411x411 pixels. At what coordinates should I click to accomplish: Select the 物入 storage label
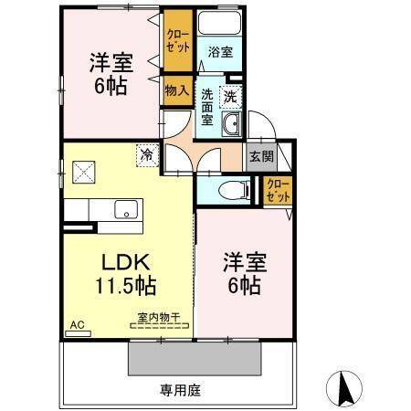coord(176,90)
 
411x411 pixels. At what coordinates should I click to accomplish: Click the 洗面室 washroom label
coord(207,107)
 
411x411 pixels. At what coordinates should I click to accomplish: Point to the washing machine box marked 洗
coord(231,95)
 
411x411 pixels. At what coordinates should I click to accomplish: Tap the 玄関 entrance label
coord(260,156)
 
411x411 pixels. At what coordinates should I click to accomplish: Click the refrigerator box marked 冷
coord(146,155)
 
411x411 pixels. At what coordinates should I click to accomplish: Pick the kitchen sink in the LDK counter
coord(125,209)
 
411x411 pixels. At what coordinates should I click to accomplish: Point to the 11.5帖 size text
coord(126,286)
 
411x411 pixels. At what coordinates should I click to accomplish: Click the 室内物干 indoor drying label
coord(158,317)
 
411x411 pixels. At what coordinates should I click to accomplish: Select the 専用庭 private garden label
coord(180,390)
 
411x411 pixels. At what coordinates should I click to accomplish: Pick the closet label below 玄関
coord(278,191)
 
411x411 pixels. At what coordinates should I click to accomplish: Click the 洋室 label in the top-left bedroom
coord(111,63)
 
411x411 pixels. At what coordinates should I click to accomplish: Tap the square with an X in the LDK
coord(84,170)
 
